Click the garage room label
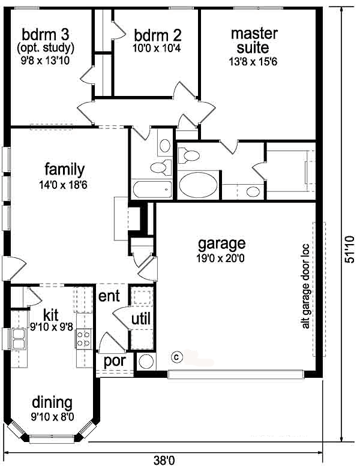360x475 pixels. click(x=221, y=244)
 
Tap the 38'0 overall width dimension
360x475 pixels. click(x=164, y=461)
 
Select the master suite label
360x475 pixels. click(x=254, y=41)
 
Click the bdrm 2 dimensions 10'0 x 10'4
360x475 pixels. click(x=157, y=48)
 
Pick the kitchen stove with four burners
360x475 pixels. click(x=84, y=338)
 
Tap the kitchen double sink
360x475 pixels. click(x=19, y=339)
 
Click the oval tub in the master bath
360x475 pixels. click(x=198, y=185)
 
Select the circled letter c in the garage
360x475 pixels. click(x=177, y=357)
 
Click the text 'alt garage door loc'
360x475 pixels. click(x=305, y=286)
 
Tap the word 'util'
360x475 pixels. click(x=141, y=319)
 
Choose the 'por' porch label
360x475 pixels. click(x=115, y=362)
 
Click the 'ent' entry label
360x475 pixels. click(x=109, y=296)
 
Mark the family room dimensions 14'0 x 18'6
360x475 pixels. click(x=63, y=185)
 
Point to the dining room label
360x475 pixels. click(x=52, y=403)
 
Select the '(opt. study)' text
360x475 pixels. click(x=46, y=48)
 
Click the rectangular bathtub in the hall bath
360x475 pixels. click(x=152, y=189)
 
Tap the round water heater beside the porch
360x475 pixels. click(x=146, y=361)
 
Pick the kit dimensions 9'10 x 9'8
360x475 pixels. click(x=51, y=326)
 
